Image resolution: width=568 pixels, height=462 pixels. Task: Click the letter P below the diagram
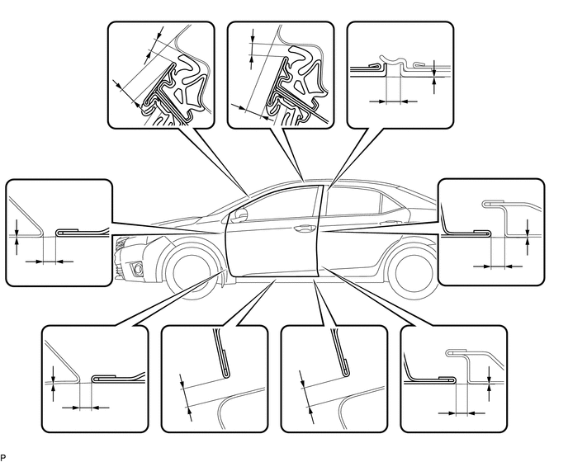point(3,458)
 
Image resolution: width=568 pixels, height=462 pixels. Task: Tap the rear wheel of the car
point(413,272)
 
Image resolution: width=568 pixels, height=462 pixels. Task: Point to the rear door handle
point(388,222)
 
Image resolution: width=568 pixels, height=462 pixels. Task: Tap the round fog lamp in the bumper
point(138,268)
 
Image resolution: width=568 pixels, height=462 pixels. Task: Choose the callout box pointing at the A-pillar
point(161,75)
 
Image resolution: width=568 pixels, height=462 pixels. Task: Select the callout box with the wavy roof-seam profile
point(400,75)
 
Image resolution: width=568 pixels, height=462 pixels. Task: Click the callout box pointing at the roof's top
point(281,75)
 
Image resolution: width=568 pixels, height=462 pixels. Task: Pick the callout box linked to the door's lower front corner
point(95,379)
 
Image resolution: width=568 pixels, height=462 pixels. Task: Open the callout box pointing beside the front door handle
point(491,232)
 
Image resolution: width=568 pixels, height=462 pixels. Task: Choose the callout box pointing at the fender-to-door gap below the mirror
point(59,233)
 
